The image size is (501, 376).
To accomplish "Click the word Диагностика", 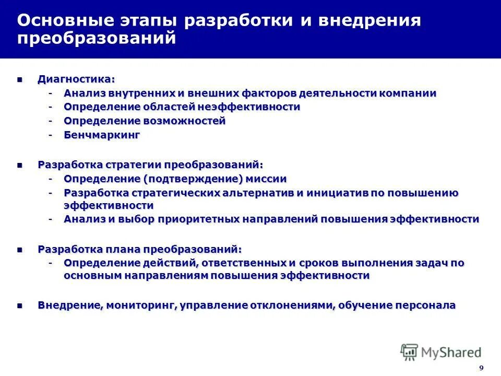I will click(x=75, y=79).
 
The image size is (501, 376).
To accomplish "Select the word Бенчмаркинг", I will click(x=102, y=135).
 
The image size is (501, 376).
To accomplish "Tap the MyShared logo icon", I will click(x=409, y=352).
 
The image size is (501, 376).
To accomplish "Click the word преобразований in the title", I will click(x=97, y=39).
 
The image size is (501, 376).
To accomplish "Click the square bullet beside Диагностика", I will click(x=20, y=80).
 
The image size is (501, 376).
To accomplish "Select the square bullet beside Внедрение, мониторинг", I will click(x=20, y=305).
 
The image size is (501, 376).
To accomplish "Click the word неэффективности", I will click(x=248, y=107).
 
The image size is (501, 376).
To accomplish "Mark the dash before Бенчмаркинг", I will click(x=51, y=135).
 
